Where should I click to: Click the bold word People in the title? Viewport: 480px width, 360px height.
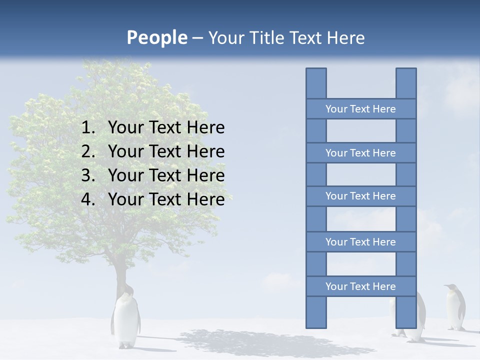point(156,37)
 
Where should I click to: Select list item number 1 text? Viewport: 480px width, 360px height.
point(166,127)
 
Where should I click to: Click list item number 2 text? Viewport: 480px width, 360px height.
point(166,151)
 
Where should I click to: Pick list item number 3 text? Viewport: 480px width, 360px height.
point(166,175)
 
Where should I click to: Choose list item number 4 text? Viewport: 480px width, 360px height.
point(166,199)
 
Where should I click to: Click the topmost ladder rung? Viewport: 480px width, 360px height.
point(360,109)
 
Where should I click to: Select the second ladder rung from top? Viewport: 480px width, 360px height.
point(360,153)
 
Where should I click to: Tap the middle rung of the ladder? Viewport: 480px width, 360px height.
point(360,196)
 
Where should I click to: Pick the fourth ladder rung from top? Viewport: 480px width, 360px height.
point(360,242)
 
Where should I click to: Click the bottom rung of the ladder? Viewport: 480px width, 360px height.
point(360,286)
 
